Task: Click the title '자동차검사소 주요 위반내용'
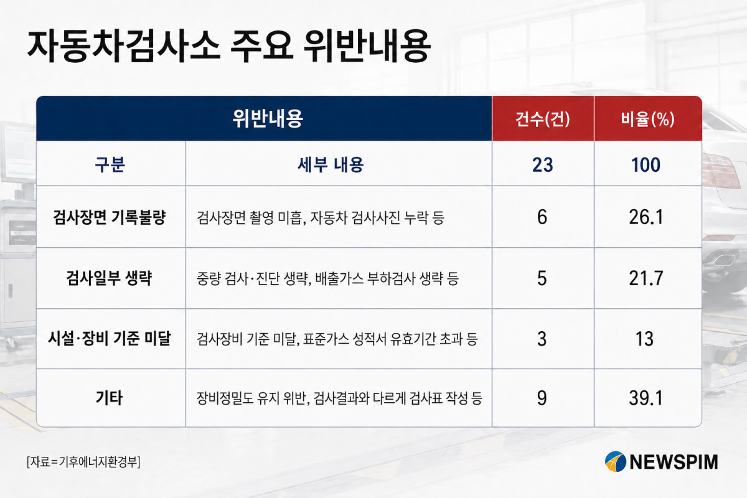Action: click(229, 46)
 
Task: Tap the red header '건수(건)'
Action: click(543, 119)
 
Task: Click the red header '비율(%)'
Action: click(647, 119)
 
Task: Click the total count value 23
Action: click(543, 165)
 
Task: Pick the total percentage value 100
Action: click(646, 165)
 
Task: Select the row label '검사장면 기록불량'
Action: click(110, 217)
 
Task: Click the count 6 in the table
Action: click(542, 217)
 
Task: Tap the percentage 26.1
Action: click(646, 217)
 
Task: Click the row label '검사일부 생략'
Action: click(110, 278)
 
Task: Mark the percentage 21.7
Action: click(646, 278)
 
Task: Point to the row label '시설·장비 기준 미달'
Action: click(110, 339)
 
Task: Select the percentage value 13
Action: click(645, 339)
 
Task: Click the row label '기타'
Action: click(109, 398)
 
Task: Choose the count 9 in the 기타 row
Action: click(542, 398)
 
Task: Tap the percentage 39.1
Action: click(646, 398)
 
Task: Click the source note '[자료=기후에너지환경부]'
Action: click(83, 462)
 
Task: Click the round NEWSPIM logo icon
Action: click(615, 462)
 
